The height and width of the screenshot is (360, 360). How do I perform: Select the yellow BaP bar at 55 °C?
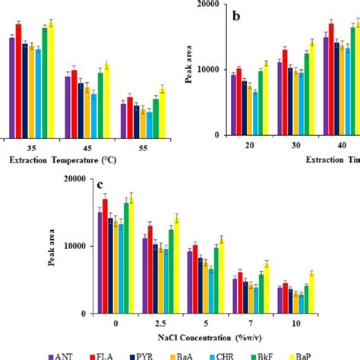(161, 112)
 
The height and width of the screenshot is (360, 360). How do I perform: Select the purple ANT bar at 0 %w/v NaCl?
(99, 262)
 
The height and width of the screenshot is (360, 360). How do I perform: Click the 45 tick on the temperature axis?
(87, 147)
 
